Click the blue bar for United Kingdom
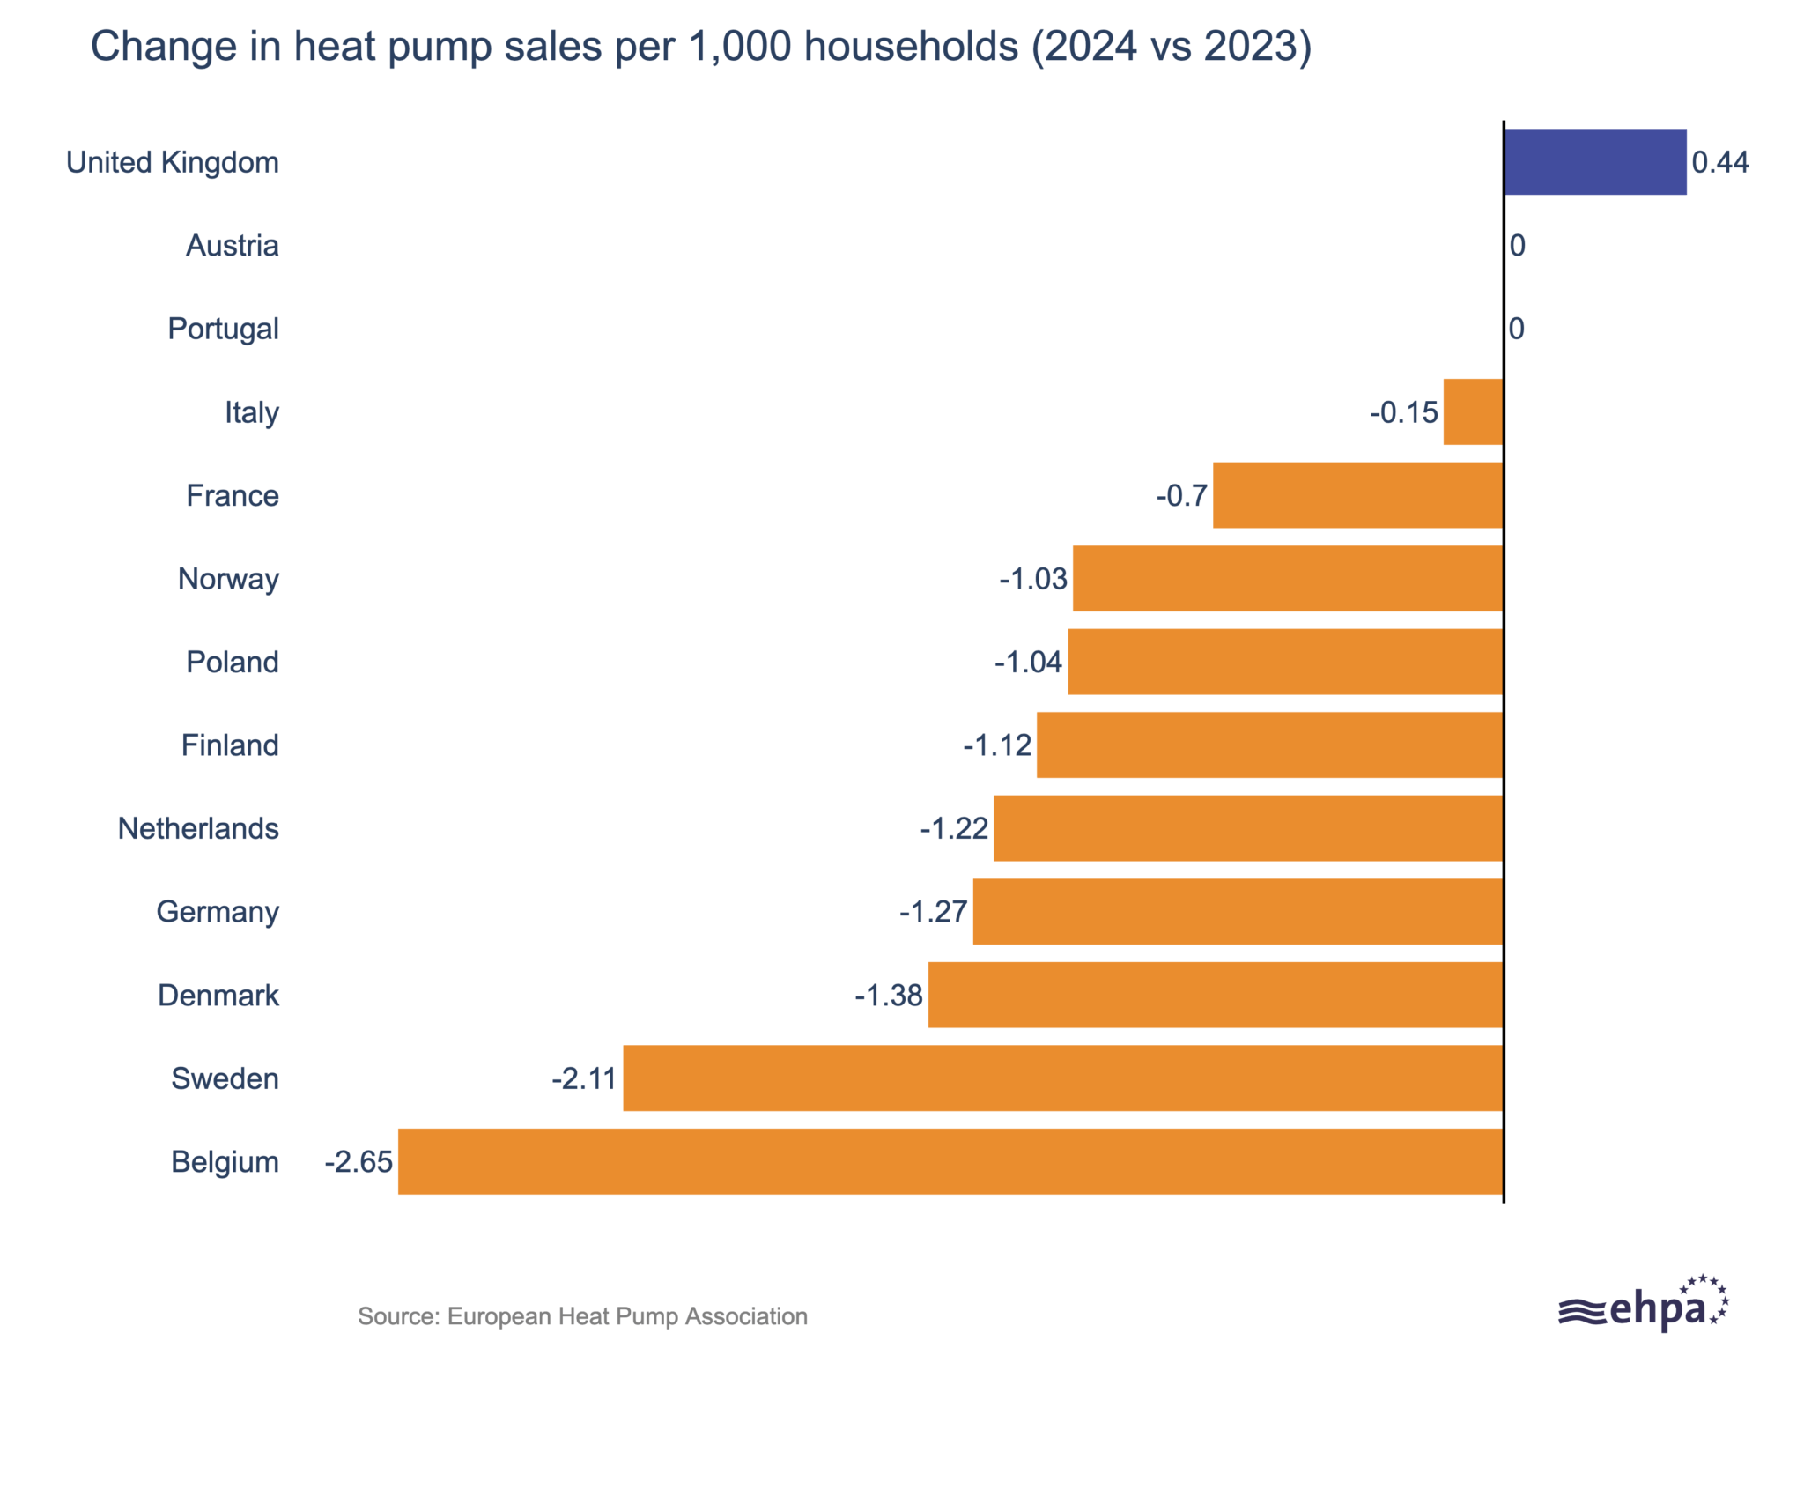click(x=1594, y=162)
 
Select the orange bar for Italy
click(x=1473, y=411)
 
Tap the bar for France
click(x=1357, y=495)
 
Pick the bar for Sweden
click(x=1062, y=1078)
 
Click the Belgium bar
click(x=950, y=1161)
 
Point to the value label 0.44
click(x=1720, y=162)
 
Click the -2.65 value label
click(x=359, y=1161)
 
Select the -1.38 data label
click(x=888, y=995)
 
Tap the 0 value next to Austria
click(x=1517, y=246)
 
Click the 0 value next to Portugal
click(x=1517, y=329)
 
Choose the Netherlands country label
click(x=198, y=828)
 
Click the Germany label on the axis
click(x=218, y=912)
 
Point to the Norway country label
click(x=228, y=579)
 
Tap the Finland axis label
click(x=230, y=745)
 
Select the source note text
click(x=582, y=1316)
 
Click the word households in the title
click(x=911, y=46)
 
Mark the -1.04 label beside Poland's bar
click(x=1028, y=662)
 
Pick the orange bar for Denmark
click(x=1215, y=995)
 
